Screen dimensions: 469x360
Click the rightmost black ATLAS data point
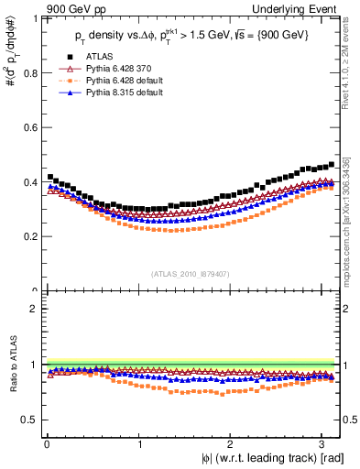tap(331, 165)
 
